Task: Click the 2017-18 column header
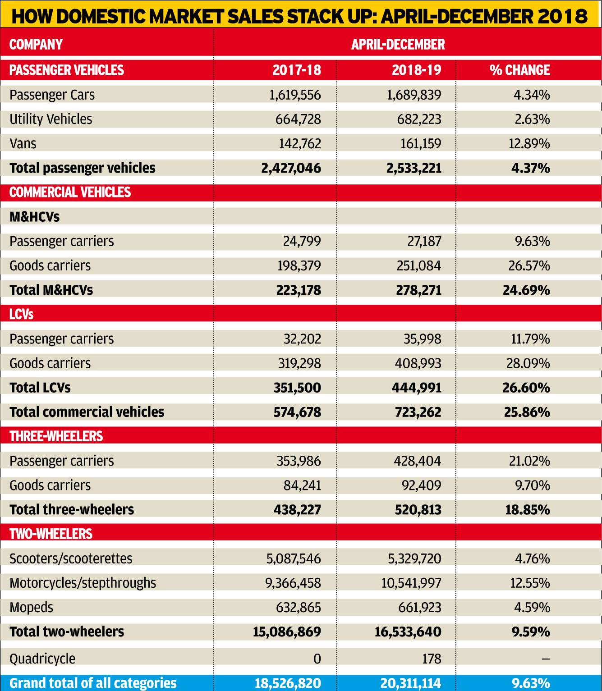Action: (297, 70)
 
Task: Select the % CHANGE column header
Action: (519, 70)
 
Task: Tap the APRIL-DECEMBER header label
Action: (398, 44)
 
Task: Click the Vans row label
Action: (23, 143)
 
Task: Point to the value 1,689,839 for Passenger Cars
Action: (414, 95)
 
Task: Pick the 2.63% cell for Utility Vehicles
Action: (532, 119)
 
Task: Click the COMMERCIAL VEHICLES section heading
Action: (70, 192)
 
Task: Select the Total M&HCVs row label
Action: (51, 290)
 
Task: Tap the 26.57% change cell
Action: (529, 266)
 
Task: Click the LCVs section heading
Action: (21, 315)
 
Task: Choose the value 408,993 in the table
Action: (418, 363)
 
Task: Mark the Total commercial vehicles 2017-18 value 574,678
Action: (297, 412)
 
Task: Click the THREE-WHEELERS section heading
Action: (56, 436)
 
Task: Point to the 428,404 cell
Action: (417, 461)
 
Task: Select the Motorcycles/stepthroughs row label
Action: (83, 583)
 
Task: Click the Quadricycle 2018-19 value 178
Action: (432, 659)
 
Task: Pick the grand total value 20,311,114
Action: (411, 683)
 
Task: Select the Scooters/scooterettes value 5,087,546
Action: (294, 558)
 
